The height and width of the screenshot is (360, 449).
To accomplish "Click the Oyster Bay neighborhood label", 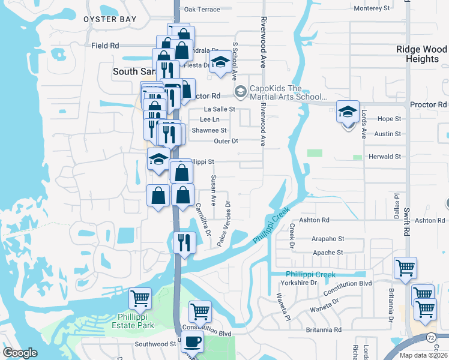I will tap(110, 19).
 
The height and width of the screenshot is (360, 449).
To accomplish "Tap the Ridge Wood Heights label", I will tap(422, 55).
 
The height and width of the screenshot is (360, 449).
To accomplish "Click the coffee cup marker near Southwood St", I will tap(192, 342).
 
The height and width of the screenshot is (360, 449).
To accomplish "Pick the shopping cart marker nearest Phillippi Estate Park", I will tap(140, 298).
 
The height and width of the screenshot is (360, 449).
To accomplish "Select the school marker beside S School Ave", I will tap(221, 62).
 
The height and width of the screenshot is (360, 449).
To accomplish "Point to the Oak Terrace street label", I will tap(202, 10).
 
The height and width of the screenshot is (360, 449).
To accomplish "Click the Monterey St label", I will tap(372, 8).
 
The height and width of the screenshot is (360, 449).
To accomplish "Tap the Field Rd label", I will tap(105, 46).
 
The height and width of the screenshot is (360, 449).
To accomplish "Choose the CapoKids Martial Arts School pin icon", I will tap(241, 91).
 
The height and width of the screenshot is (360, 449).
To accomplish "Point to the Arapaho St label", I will tap(328, 238).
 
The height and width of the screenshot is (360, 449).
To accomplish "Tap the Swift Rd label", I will tap(406, 223).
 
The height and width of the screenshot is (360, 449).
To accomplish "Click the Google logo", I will tap(20, 353).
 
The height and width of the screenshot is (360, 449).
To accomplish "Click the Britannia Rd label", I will tap(321, 329).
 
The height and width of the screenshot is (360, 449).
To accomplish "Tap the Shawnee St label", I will tap(209, 130).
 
